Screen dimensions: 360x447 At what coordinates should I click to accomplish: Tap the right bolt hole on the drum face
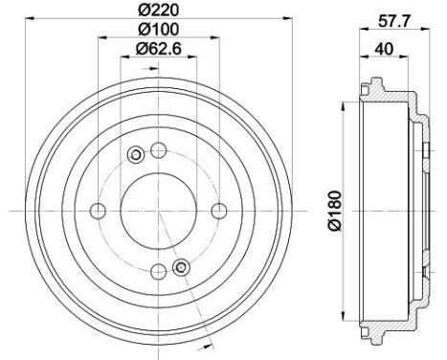pos(220,211)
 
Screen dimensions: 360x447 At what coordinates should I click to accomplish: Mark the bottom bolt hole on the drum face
pos(159,272)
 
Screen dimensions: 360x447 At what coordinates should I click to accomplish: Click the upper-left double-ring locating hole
pos(136,154)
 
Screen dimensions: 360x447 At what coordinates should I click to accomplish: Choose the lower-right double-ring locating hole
pos(181,267)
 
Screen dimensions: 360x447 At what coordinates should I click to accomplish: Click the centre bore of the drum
pos(159,211)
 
